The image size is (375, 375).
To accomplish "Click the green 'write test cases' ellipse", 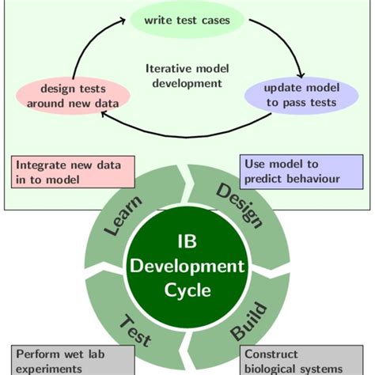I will [187, 20].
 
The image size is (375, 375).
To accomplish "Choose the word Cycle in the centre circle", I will [187, 290].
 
